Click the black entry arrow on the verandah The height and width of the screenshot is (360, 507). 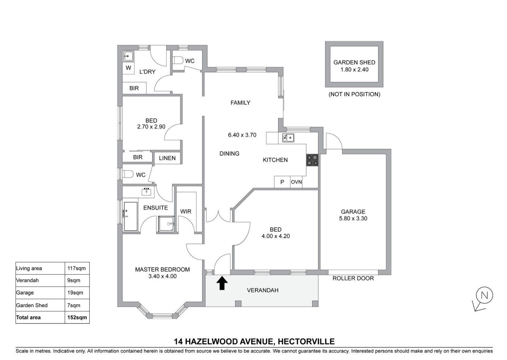click(222, 283)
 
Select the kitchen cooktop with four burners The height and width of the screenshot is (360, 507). click(313, 160)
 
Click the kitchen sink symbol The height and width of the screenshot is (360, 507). click(288, 137)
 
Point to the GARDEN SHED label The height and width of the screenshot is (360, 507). click(354, 62)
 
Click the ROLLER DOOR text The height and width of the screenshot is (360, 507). click(353, 278)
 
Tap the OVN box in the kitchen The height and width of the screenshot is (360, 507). click(296, 182)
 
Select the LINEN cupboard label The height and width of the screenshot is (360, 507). click(167, 158)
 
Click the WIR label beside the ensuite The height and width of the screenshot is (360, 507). click(186, 211)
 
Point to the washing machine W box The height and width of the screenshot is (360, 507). click(128, 68)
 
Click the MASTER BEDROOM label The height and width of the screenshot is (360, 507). click(162, 270)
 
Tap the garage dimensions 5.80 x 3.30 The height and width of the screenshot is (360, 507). click(353, 218)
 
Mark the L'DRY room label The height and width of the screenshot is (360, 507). click(147, 72)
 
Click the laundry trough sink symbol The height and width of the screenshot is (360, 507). click(128, 56)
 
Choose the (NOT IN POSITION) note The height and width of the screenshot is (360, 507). click(354, 94)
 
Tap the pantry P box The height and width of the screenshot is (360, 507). click(282, 182)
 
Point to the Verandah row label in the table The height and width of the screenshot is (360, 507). click(27, 280)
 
